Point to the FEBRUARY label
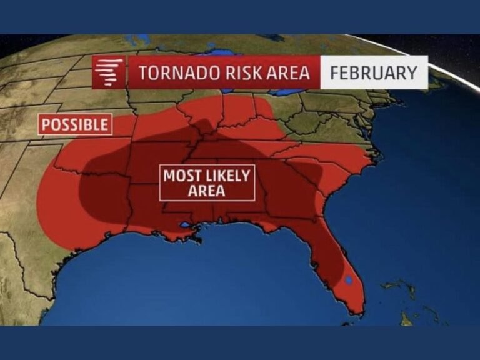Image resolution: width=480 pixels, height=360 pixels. pos(373,72)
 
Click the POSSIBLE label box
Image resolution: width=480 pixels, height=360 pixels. pos(75,124)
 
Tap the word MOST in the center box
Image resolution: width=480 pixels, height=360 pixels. pos(181,176)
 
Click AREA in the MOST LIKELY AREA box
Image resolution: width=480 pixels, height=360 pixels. pos(206,191)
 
